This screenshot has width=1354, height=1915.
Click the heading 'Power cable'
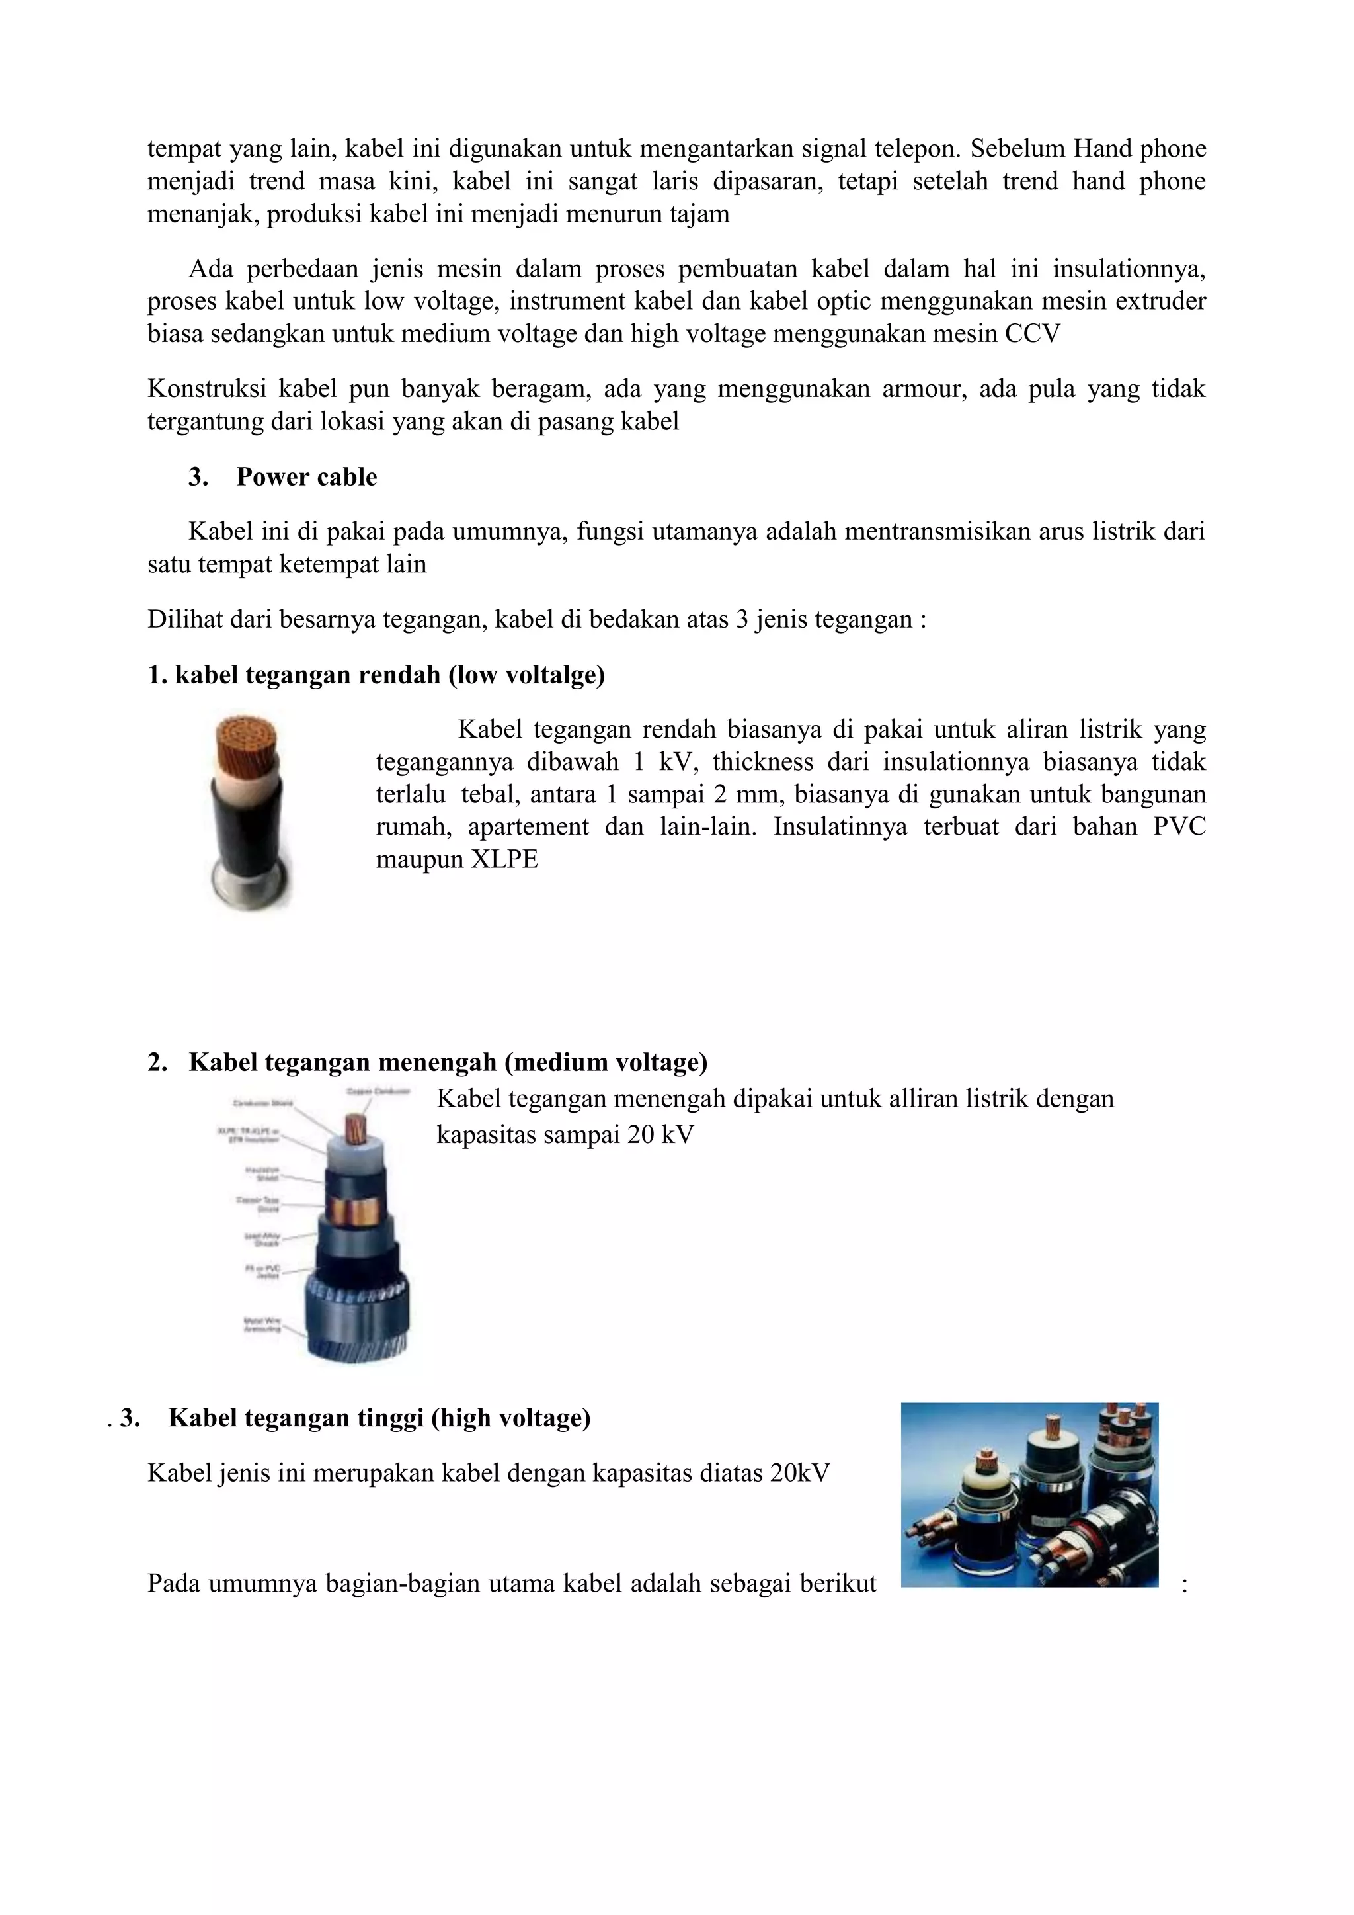[x=306, y=477]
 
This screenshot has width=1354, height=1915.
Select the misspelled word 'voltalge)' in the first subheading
[x=552, y=675]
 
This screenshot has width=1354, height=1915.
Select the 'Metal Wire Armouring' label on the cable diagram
[x=262, y=1324]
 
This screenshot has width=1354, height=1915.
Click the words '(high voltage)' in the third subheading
[x=510, y=1418]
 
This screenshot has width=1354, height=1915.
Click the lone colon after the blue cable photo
[x=1184, y=1584]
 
